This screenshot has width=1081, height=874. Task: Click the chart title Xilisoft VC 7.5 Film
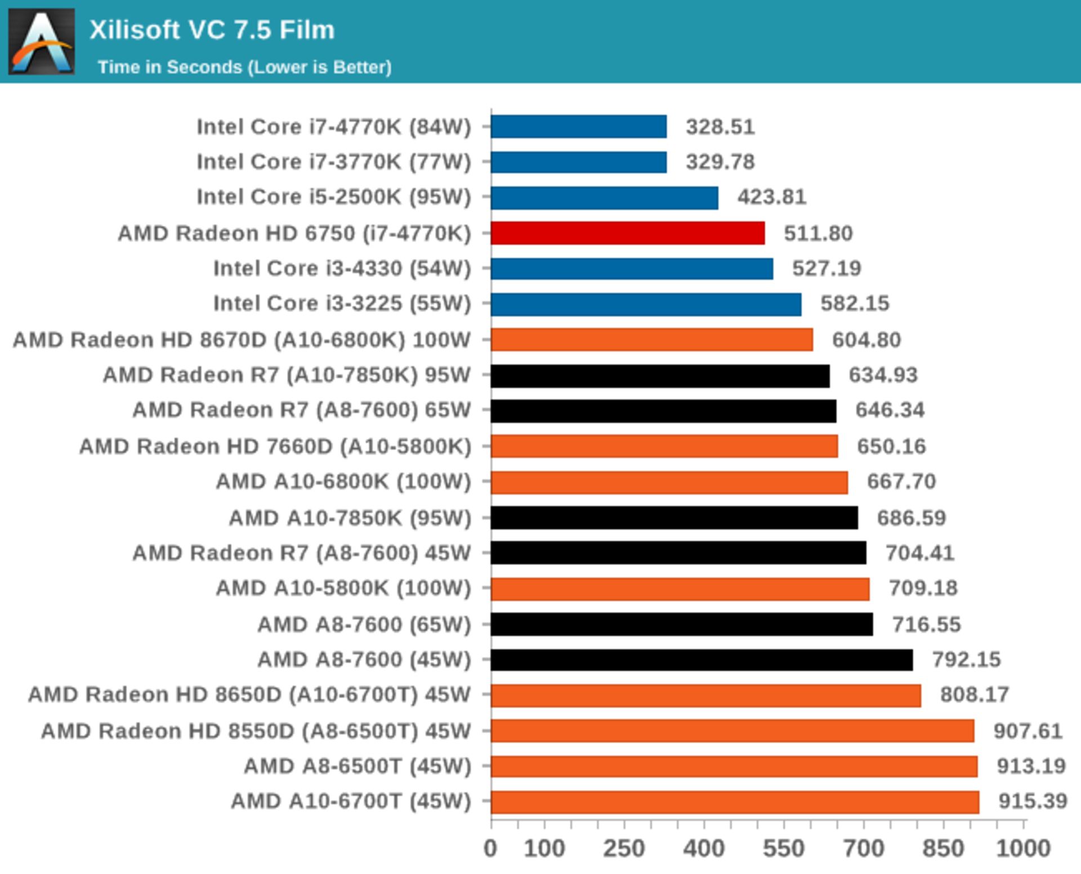tap(212, 30)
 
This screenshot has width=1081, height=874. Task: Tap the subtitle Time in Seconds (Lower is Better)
tap(244, 67)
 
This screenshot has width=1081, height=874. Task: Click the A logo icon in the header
tap(42, 42)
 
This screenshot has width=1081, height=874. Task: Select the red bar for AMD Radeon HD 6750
tap(627, 233)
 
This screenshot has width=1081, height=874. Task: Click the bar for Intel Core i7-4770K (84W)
tap(578, 127)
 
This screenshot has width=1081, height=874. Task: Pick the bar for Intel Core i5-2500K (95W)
tap(604, 198)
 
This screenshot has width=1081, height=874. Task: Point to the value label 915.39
tap(1033, 801)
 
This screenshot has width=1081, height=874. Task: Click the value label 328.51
tap(720, 127)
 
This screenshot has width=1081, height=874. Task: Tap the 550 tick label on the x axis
tap(784, 848)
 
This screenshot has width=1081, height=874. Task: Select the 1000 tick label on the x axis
tap(1023, 848)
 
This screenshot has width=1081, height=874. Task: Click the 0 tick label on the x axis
tap(490, 848)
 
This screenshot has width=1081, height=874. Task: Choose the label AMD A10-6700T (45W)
tap(351, 801)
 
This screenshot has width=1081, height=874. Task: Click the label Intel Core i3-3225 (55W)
tap(342, 303)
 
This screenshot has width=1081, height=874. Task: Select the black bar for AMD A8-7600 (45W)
tap(702, 660)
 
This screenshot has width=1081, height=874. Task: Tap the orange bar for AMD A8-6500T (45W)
tap(734, 766)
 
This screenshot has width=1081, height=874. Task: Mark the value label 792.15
tap(966, 659)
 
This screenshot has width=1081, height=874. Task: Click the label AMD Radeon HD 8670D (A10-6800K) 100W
tap(242, 340)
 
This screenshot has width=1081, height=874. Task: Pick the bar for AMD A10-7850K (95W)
tap(674, 518)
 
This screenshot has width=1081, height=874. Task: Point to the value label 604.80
tap(866, 340)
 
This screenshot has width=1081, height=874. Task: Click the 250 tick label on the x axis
tap(624, 848)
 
